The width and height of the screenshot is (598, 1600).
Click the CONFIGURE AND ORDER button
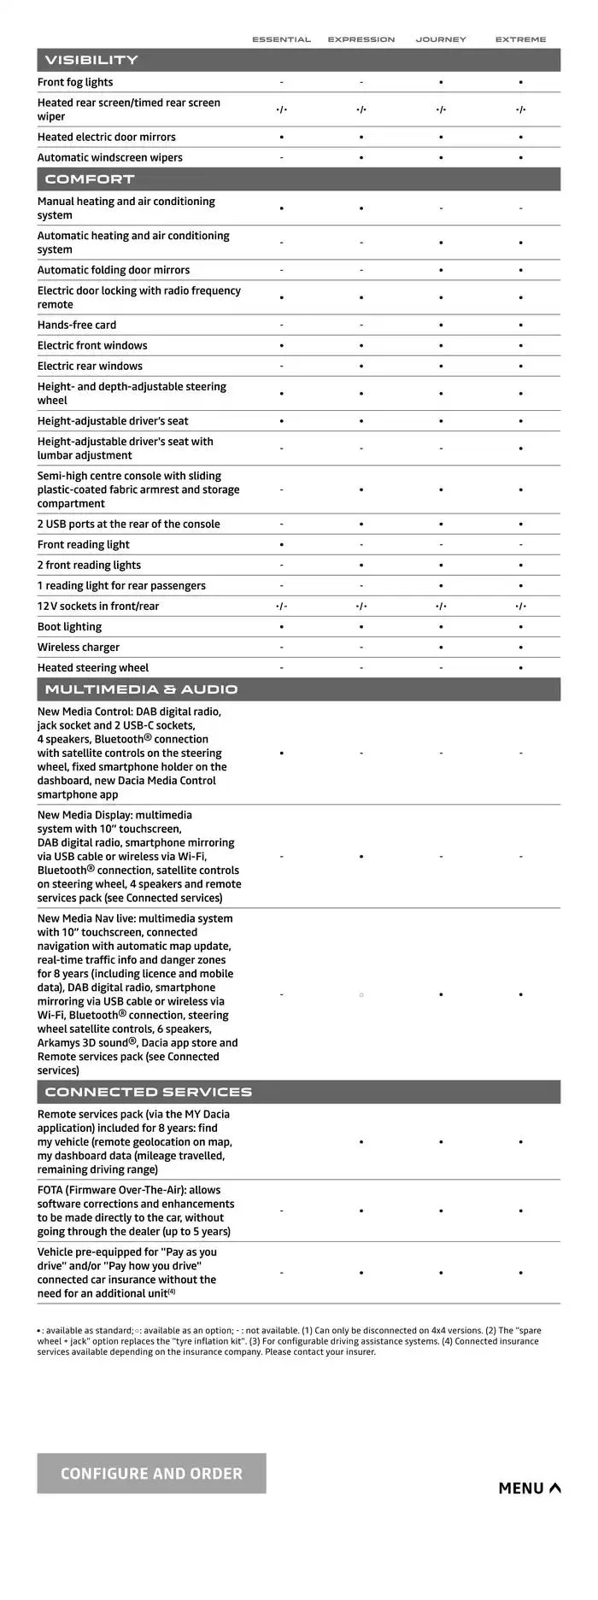(x=151, y=1473)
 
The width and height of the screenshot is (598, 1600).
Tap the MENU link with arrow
(x=530, y=1488)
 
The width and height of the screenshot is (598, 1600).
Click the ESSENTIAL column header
(x=281, y=39)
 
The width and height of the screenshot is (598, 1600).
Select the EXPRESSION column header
(x=361, y=39)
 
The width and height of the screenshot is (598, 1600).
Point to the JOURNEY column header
(x=441, y=39)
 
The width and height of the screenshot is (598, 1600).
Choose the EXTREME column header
(x=520, y=39)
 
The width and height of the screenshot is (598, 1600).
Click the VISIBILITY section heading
(x=91, y=60)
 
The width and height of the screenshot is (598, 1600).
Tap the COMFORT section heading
(x=90, y=179)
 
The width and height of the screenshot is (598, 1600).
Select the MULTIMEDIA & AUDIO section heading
(x=141, y=689)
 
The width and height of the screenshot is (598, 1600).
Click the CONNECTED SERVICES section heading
(x=148, y=1092)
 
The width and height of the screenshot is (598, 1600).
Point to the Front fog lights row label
(x=75, y=82)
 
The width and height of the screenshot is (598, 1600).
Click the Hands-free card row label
(x=77, y=325)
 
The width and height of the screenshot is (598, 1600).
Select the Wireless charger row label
(x=79, y=647)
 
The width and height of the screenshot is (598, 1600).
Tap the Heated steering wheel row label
(x=93, y=667)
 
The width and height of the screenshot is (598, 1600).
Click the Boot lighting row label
(x=69, y=626)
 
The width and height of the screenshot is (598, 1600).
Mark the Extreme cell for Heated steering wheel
(x=520, y=668)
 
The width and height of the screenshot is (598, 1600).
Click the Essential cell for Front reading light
(x=282, y=544)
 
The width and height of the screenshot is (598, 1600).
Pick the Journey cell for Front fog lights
(x=441, y=83)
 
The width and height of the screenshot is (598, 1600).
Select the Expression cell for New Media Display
(x=361, y=856)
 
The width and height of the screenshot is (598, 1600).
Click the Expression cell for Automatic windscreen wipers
(x=361, y=158)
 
